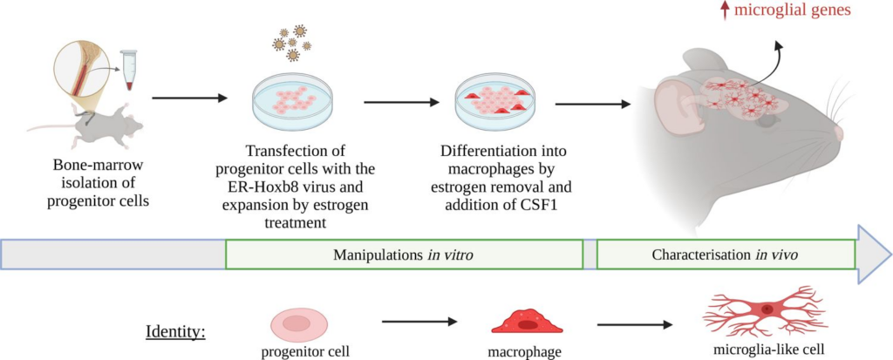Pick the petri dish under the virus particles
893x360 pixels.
click(289, 103)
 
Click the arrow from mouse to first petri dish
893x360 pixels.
click(187, 98)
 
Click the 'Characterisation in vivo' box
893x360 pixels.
click(725, 255)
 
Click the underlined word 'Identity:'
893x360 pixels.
click(175, 331)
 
